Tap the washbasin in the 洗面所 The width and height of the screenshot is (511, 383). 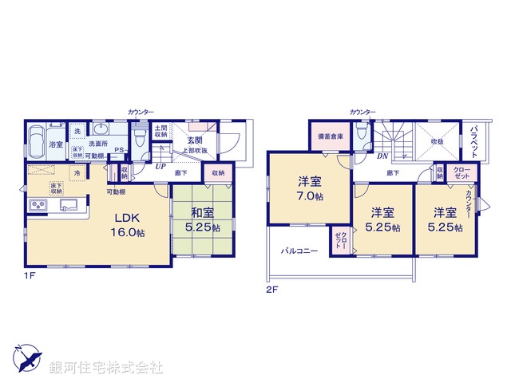(101, 131)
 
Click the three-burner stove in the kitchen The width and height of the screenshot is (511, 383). (38, 206)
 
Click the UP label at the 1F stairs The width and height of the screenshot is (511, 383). (160, 167)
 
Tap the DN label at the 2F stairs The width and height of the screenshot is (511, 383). (382, 156)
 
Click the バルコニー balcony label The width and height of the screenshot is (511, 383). (299, 251)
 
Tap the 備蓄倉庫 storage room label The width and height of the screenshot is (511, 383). (329, 137)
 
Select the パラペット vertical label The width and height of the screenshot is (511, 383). (474, 139)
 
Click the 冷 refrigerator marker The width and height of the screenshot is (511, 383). (77, 172)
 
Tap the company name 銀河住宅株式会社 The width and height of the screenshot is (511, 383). (105, 367)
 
